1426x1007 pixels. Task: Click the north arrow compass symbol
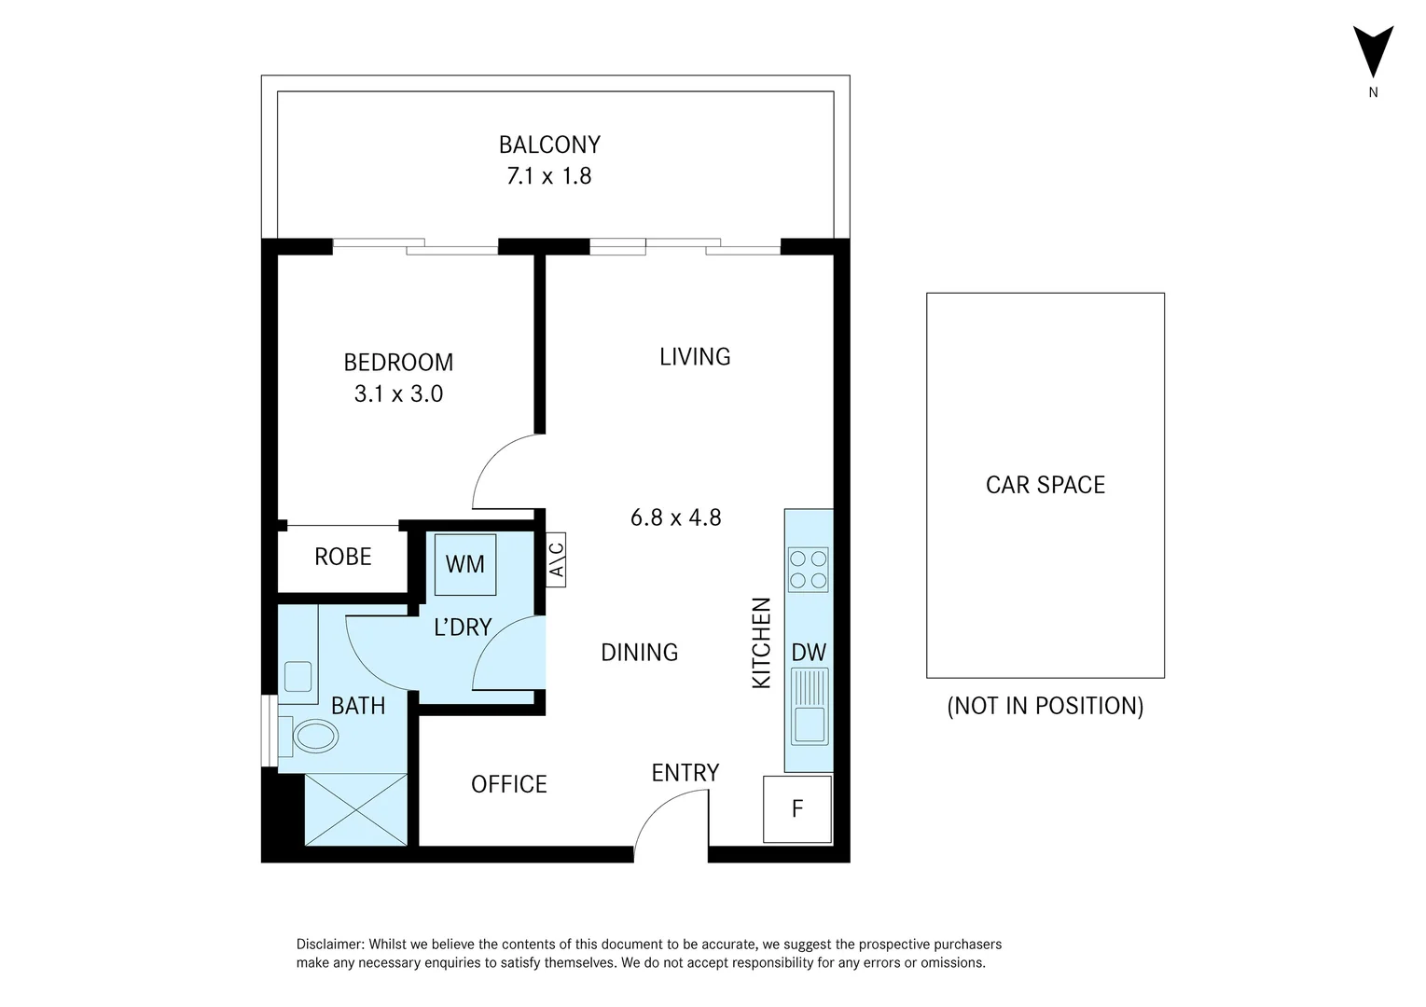1373,54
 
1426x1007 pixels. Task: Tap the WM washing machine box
465,565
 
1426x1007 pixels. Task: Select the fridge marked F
797,809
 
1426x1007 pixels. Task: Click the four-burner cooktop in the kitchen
808,570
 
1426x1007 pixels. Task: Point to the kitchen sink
810,706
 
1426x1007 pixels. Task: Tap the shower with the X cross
356,809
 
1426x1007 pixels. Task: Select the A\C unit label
556,559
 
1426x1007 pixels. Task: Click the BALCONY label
549,145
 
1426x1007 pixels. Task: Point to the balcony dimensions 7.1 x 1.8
548,175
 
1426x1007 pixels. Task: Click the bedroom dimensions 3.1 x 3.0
398,393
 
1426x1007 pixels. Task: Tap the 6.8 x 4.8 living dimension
676,517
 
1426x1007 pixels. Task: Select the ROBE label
342,557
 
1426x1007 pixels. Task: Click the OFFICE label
509,784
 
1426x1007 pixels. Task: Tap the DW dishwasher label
809,653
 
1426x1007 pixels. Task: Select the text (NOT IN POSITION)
1045,706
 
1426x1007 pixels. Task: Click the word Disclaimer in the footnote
330,944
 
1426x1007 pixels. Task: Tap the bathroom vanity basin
298,676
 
